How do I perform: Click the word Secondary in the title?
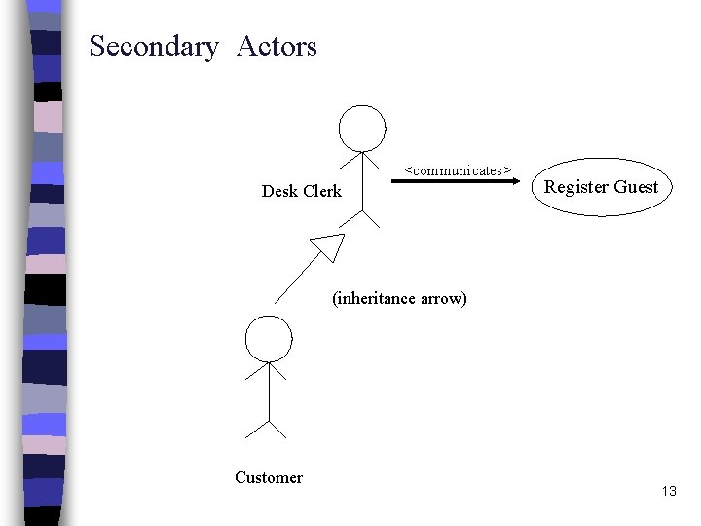coord(153,47)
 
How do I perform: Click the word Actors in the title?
coord(277,46)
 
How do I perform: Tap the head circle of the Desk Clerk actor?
coord(362,128)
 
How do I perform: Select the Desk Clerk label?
coord(302,191)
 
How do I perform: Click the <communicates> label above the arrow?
coord(458,170)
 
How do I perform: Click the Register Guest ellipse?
coord(601,187)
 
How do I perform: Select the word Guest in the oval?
coord(636,187)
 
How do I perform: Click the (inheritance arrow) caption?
coord(399,298)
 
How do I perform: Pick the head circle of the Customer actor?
coord(269,338)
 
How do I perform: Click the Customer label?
coord(269,477)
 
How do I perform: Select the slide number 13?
coord(668,491)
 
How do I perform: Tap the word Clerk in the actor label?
coord(323,191)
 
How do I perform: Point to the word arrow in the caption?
coord(444,298)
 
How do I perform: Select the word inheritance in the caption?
coord(377,298)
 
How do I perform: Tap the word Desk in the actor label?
coord(280,191)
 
